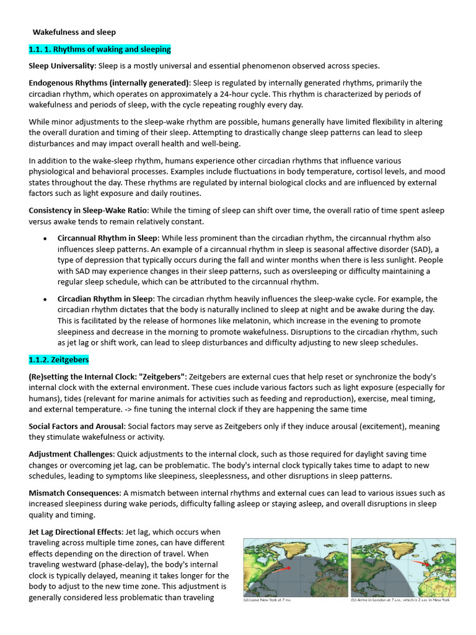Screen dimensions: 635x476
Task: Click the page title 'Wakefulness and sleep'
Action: [74, 32]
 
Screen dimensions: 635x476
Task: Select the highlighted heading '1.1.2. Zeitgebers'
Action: [59, 360]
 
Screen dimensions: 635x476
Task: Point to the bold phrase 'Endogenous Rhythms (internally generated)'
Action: [110, 83]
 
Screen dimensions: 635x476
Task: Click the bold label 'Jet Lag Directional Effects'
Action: [76, 532]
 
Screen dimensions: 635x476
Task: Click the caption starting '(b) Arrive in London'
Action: [400, 600]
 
